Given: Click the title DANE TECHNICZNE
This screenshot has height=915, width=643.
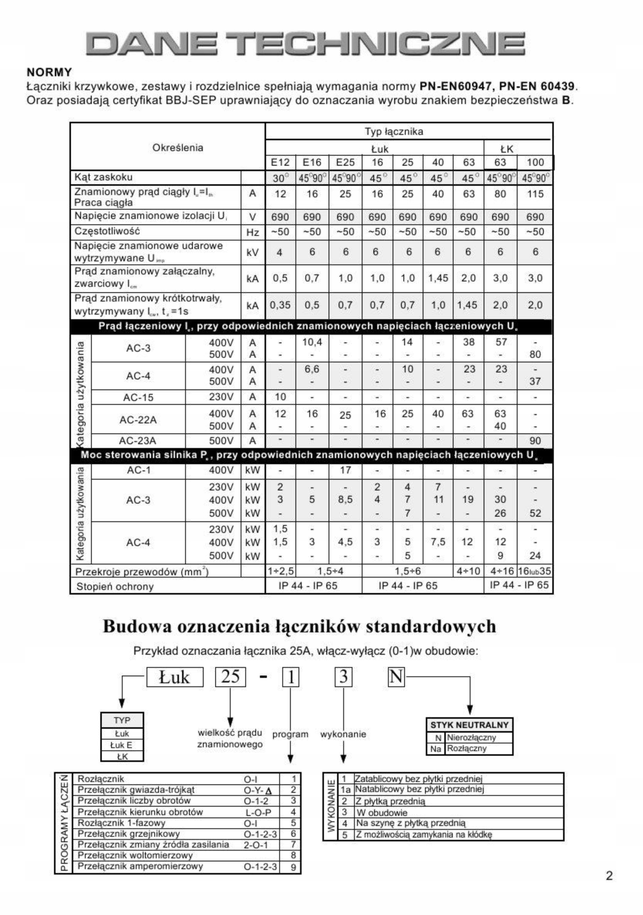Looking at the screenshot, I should (305, 44).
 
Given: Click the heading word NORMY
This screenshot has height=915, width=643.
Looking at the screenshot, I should (49, 73).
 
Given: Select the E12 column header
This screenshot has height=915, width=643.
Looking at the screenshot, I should (280, 163).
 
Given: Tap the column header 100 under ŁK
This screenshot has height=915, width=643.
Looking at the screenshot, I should (535, 163).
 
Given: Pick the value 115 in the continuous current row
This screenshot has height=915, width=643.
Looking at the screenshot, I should (535, 194).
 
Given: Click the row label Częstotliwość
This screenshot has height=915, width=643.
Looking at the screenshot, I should (107, 231).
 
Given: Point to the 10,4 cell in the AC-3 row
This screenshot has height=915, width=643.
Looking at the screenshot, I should (312, 342).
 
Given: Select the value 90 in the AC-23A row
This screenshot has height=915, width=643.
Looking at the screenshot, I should (535, 441).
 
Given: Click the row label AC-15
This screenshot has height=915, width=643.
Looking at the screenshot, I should (138, 397).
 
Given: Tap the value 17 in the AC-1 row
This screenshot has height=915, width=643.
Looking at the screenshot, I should (345, 470).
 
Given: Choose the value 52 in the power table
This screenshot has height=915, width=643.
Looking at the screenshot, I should (535, 513).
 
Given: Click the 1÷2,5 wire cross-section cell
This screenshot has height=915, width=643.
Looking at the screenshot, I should (280, 571).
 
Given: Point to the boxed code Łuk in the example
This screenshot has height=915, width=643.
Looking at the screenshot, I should (175, 677).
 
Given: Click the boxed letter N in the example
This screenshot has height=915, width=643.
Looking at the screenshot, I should (396, 677).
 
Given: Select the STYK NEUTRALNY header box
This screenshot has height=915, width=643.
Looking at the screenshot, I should (469, 725).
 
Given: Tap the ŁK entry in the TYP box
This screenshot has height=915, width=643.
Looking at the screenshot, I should (122, 756).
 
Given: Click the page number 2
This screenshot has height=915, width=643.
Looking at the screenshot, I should (609, 876).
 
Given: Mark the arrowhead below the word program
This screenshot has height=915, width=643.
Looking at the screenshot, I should (291, 758).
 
